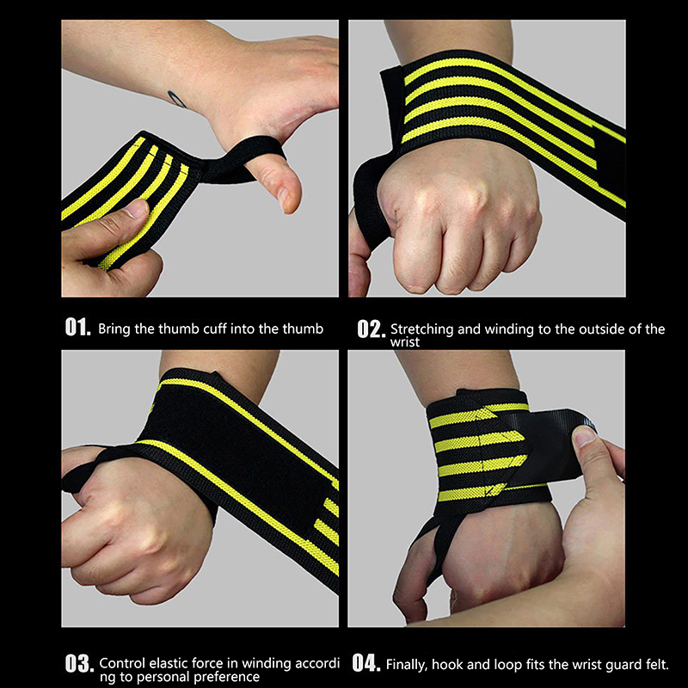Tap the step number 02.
[371, 329]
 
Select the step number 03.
[79, 663]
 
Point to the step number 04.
[366, 663]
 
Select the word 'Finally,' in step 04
[406, 664]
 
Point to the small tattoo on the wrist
[177, 99]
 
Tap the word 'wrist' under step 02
[405, 342]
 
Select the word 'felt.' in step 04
[655, 664]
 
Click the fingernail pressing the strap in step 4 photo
[585, 437]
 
